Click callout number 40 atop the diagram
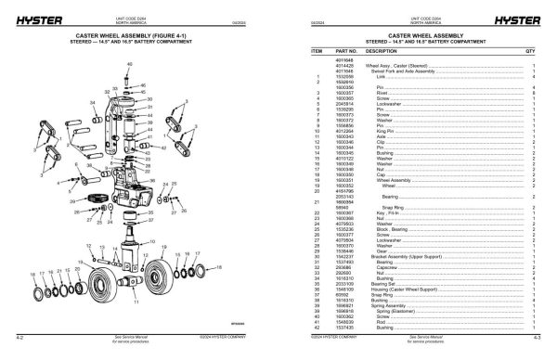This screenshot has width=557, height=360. pyautogui.click(x=130, y=63)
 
